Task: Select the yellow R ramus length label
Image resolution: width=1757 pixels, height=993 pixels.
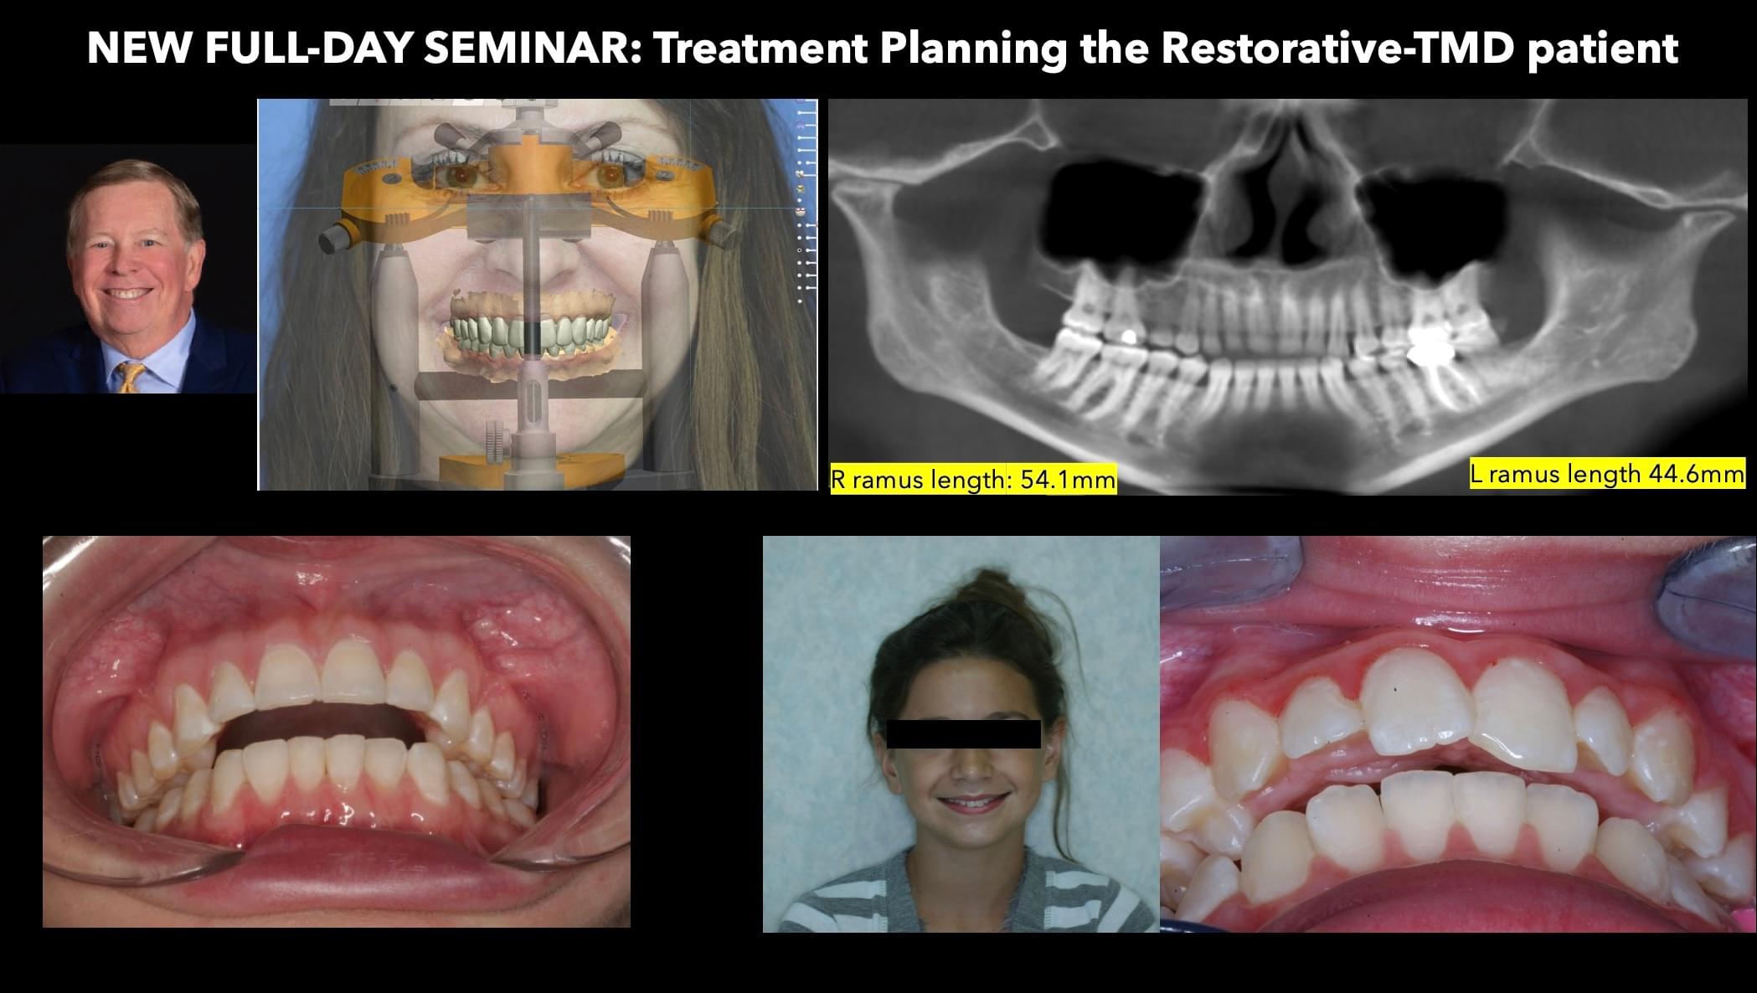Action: (973, 480)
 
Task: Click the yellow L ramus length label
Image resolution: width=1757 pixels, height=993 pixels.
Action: (1607, 473)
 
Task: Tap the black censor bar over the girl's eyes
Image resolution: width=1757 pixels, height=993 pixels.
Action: (963, 733)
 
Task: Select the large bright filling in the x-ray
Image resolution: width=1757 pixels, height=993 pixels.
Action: (1431, 345)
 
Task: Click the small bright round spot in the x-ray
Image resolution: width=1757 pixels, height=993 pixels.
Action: (1128, 336)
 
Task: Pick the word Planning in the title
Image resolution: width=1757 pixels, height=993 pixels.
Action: (972, 49)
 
